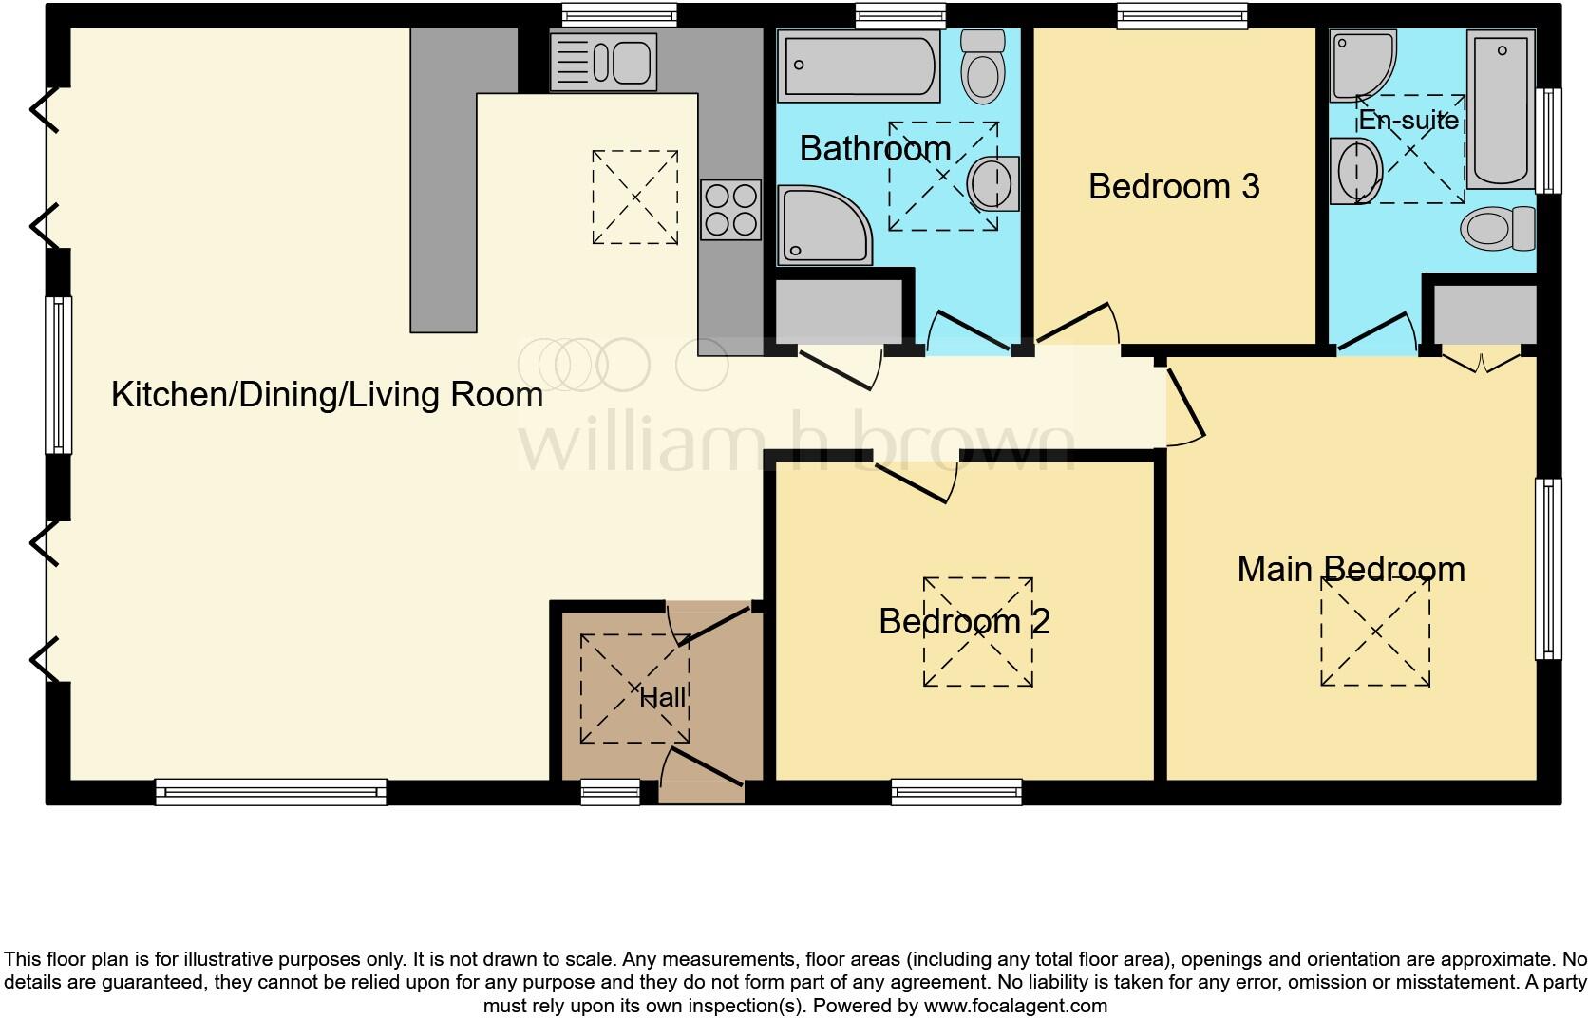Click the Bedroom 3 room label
click(x=1173, y=186)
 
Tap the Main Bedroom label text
click(x=1351, y=569)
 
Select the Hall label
click(x=662, y=697)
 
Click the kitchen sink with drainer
click(x=603, y=63)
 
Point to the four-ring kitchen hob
click(x=730, y=210)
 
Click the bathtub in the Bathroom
click(x=859, y=66)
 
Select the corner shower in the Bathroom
click(x=822, y=224)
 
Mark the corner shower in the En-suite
click(x=1360, y=64)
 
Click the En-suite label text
click(x=1408, y=121)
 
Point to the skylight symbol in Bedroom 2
click(x=977, y=632)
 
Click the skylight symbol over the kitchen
click(x=634, y=198)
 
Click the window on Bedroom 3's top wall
click(x=1182, y=16)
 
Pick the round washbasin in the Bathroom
click(x=993, y=183)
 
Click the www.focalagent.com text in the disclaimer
click(x=1015, y=1006)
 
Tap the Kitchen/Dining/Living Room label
click(x=327, y=394)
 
